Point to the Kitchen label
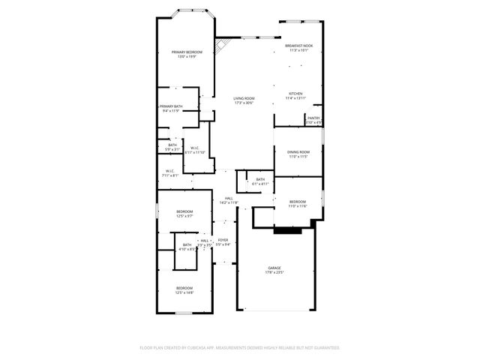(296, 95)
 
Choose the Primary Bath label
(171, 108)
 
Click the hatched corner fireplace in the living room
(220, 46)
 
